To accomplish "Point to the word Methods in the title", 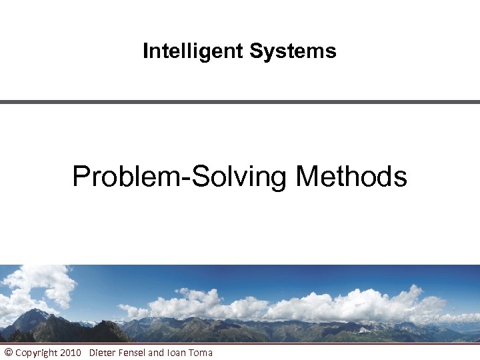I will click(x=351, y=177).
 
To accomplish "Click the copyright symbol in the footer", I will click(x=8, y=352).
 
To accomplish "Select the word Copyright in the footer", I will click(x=37, y=352).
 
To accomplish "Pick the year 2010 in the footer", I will click(x=71, y=352).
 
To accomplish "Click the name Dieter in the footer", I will click(x=102, y=352).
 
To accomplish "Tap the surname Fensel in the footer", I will click(x=132, y=352).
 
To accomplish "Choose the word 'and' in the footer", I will click(x=155, y=352).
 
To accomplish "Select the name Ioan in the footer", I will click(x=175, y=352).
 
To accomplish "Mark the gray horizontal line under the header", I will click(x=240, y=102).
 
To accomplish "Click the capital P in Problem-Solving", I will click(x=81, y=177).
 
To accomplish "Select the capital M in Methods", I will click(x=307, y=177).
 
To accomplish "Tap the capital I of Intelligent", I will click(x=146, y=51).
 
